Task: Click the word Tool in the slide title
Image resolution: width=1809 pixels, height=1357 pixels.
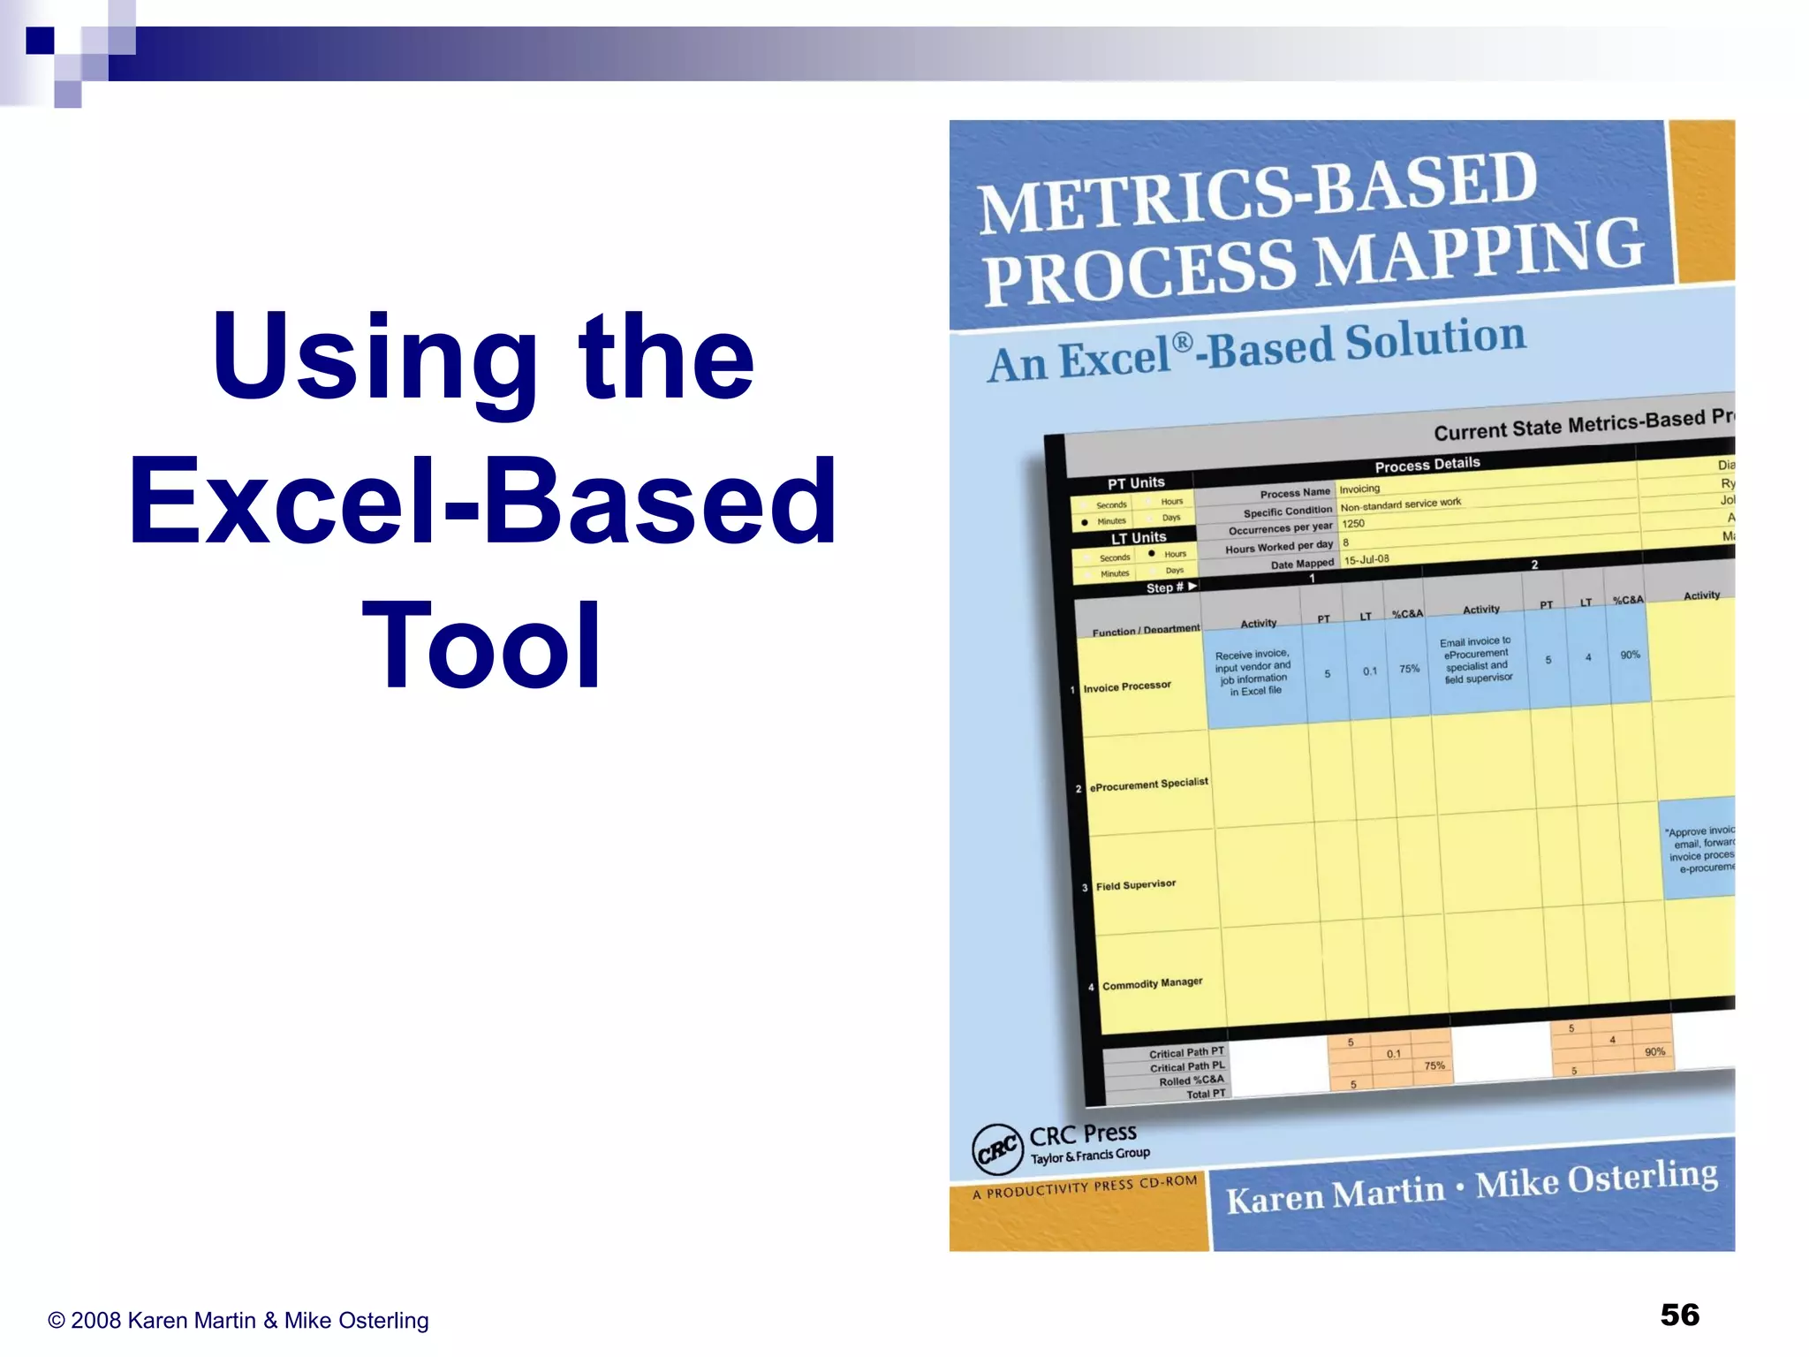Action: click(482, 645)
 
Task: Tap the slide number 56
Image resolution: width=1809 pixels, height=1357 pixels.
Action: click(1679, 1315)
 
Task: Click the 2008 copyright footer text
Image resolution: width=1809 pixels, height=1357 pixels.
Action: click(238, 1320)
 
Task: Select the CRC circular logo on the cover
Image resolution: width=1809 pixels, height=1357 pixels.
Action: click(997, 1149)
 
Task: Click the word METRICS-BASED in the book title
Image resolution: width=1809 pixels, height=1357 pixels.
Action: click(1258, 192)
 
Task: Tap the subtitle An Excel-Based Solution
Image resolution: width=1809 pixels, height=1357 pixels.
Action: click(1256, 350)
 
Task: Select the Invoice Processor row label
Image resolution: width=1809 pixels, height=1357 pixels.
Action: click(1127, 686)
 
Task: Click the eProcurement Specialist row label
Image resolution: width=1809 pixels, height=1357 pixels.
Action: click(1148, 784)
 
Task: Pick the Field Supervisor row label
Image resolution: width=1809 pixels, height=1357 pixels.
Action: click(1136, 884)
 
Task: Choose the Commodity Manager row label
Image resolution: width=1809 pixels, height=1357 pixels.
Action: click(1152, 983)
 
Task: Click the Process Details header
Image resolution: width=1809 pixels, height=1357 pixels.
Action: click(1427, 464)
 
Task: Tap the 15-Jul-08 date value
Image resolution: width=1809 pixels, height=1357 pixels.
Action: click(1366, 559)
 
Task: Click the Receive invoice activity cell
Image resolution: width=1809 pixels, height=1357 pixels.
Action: click(1253, 672)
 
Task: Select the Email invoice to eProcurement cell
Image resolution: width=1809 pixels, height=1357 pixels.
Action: click(1477, 660)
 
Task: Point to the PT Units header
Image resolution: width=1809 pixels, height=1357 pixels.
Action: click(1136, 483)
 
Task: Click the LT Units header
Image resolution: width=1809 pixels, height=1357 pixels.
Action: click(1139, 537)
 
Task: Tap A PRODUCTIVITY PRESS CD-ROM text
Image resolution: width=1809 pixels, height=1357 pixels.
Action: click(1085, 1186)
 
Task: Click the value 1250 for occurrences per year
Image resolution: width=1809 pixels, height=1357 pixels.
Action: click(1353, 524)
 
